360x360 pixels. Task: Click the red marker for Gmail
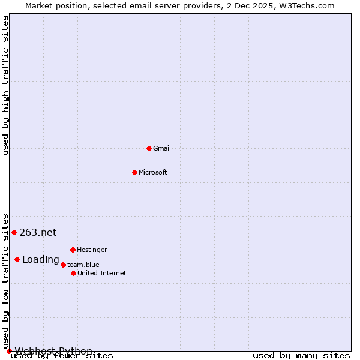tap(149, 148)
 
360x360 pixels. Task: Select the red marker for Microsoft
tap(134, 172)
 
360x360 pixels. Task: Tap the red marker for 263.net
tap(14, 232)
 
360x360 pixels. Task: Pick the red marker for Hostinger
tap(73, 250)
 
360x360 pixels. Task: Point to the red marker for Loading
tap(17, 260)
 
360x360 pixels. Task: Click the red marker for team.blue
tap(63, 265)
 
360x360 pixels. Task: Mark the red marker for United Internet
tap(73, 273)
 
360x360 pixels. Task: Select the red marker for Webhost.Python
tap(9, 351)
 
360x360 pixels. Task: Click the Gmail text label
tap(162, 148)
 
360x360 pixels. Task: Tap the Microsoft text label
tap(153, 172)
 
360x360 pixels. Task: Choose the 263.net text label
tap(38, 233)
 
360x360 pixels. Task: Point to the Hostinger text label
tap(92, 250)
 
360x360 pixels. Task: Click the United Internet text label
tap(102, 273)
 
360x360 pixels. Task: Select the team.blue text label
tap(83, 265)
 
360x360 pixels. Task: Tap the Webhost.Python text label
tap(53, 351)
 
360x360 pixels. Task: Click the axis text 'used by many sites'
tap(301, 356)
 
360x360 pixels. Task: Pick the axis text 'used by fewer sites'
tap(62, 356)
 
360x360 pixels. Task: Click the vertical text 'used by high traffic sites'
tap(6, 85)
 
